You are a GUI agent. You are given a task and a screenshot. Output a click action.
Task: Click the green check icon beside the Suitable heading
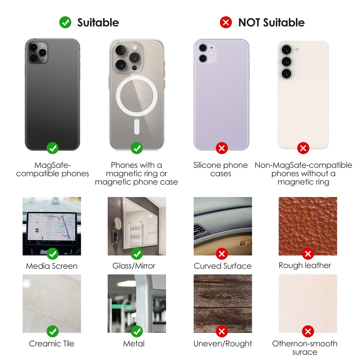click(65, 22)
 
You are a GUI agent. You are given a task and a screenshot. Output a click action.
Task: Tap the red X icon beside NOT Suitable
click(226, 22)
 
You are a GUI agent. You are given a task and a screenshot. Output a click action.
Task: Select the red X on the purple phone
click(222, 148)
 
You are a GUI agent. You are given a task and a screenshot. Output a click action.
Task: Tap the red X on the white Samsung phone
click(303, 148)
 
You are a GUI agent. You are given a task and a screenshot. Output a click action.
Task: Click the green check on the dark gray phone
click(53, 148)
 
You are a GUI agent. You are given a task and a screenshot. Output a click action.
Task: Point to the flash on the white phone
click(297, 50)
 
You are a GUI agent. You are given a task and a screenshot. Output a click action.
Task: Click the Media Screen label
click(52, 266)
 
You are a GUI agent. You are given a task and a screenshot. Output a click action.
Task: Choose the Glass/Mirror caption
click(134, 266)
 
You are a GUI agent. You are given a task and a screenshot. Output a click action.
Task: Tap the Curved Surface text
click(223, 266)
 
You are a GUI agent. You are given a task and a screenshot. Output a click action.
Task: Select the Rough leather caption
click(305, 266)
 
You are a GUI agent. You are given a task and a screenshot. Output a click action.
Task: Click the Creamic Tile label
click(52, 344)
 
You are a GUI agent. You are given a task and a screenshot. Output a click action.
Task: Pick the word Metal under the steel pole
click(134, 344)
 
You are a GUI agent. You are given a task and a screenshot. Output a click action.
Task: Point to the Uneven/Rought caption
click(223, 344)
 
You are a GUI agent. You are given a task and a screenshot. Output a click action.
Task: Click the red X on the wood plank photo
click(222, 332)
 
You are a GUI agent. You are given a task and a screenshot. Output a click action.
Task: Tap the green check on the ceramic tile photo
click(53, 332)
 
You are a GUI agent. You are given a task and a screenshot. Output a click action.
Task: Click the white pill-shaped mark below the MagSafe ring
click(137, 127)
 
